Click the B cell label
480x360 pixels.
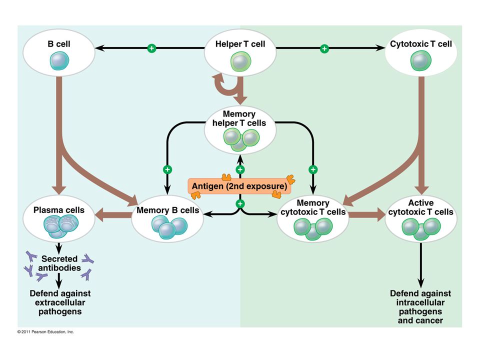tap(59, 44)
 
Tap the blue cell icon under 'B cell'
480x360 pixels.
tap(59, 60)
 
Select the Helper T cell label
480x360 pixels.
tap(240, 44)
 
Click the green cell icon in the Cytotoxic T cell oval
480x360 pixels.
tap(421, 60)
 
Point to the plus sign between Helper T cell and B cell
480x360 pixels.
tap(151, 48)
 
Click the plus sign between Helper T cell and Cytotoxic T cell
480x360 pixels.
tap(324, 48)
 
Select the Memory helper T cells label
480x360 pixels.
tap(239, 118)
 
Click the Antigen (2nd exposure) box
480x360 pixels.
tap(239, 186)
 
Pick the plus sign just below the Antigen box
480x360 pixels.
tap(240, 204)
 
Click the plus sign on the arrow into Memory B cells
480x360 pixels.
tap(167, 169)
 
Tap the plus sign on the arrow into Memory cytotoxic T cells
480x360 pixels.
tap(313, 169)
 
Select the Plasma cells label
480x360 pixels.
tap(59, 210)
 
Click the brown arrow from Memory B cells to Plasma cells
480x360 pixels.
tap(113, 214)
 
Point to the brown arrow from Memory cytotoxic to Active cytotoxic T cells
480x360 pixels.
tap(367, 214)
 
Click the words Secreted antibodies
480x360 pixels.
tap(59, 263)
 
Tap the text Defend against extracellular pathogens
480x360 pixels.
tap(60, 302)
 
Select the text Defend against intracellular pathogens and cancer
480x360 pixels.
tap(420, 306)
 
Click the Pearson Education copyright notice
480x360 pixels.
tap(45, 332)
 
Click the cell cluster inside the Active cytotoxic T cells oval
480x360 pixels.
tap(421, 228)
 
